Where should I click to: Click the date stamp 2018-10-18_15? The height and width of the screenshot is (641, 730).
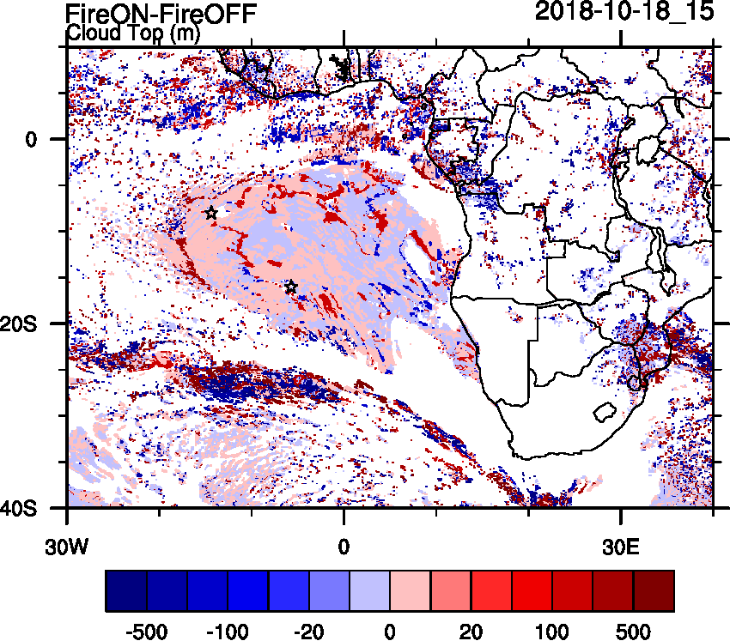624,12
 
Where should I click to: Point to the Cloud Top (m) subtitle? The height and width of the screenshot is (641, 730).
133,34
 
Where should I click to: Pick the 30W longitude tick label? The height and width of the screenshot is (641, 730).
67,545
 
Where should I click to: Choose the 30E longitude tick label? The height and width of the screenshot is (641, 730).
621,545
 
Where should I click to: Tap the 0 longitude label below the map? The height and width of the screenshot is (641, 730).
344,545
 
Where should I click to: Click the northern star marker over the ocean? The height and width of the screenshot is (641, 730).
211,213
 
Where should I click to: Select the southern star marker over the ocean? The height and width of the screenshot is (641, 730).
291,287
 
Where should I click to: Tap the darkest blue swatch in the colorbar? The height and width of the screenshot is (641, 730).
126,591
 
